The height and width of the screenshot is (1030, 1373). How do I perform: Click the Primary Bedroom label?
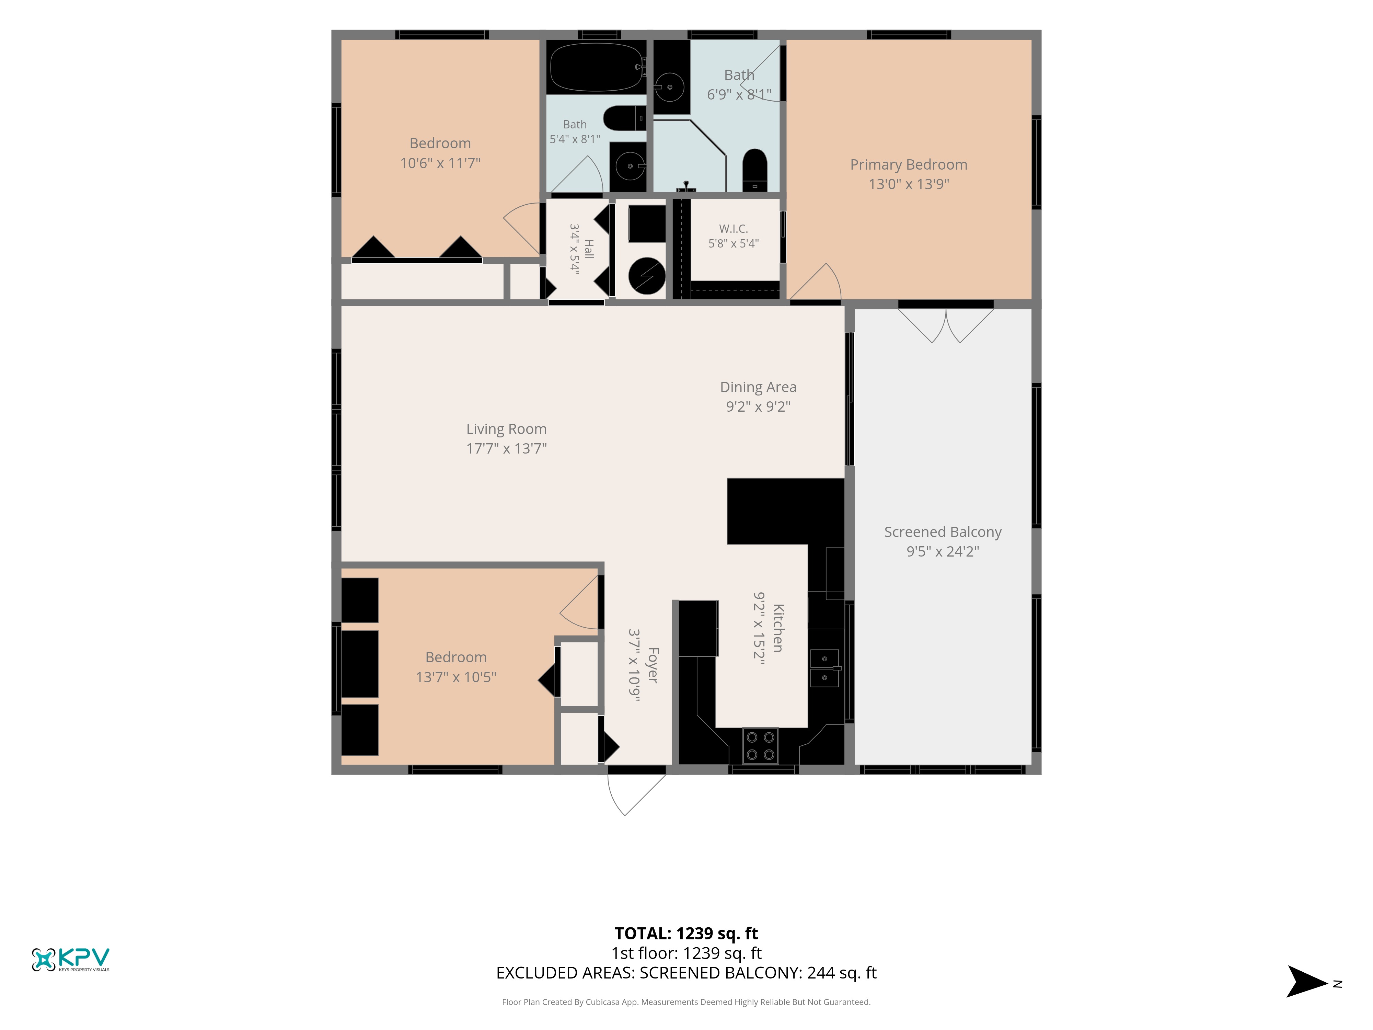(x=908, y=164)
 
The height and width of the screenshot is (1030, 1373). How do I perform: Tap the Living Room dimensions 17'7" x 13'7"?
(x=507, y=448)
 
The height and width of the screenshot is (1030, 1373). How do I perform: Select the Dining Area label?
(x=758, y=387)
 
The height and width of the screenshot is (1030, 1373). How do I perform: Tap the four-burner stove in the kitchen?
(x=760, y=746)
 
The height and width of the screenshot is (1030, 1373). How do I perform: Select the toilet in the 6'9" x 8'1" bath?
(x=755, y=170)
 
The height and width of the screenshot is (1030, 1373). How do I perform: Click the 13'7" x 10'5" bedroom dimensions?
(x=456, y=677)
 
